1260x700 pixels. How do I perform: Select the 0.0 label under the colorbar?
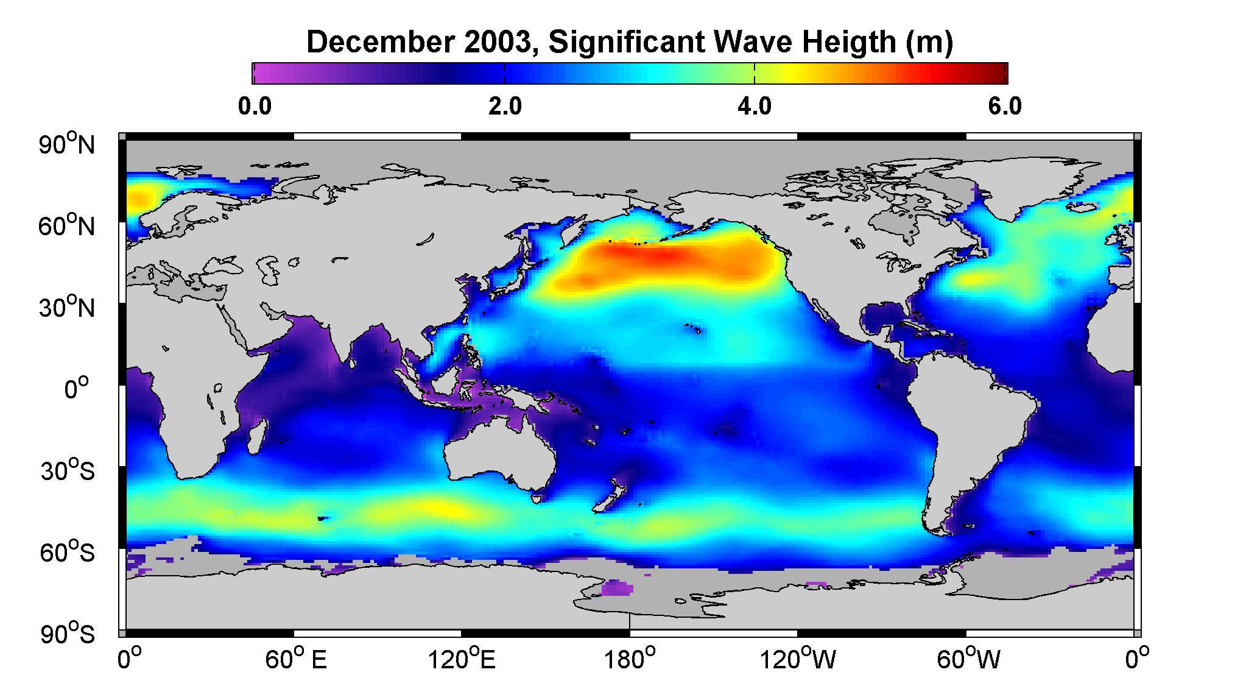pyautogui.click(x=255, y=107)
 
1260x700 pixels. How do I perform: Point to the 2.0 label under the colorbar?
pyautogui.click(x=505, y=107)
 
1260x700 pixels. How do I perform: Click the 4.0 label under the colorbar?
pyautogui.click(x=755, y=107)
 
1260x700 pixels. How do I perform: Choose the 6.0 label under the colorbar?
pyautogui.click(x=1005, y=107)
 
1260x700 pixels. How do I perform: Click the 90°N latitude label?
pyautogui.click(x=67, y=145)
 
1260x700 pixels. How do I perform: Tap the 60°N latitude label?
pyautogui.click(x=67, y=226)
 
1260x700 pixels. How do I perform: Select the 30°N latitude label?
pyautogui.click(x=67, y=308)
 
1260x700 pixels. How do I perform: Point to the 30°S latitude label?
pyautogui.click(x=68, y=471)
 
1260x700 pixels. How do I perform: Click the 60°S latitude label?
pyautogui.click(x=68, y=553)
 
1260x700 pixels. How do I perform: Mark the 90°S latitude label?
pyautogui.click(x=68, y=634)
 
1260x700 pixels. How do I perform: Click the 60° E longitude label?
pyautogui.click(x=295, y=660)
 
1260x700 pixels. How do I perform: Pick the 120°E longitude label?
pyautogui.click(x=461, y=660)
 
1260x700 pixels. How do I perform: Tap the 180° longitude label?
pyautogui.click(x=629, y=660)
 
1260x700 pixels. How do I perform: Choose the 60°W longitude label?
pyautogui.click(x=968, y=660)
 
